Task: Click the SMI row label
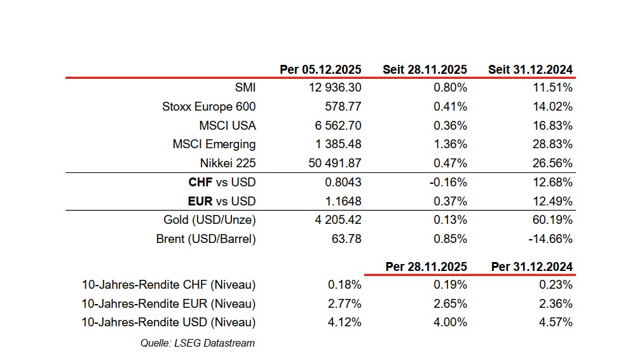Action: coord(245,88)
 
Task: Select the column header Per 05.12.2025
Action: coord(320,69)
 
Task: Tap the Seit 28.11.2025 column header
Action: coord(425,69)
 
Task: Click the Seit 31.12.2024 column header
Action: coord(530,69)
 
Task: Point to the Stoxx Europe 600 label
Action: coord(208,107)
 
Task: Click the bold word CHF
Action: coord(200,183)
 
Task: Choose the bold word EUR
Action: coord(200,202)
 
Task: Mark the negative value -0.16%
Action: coord(449,183)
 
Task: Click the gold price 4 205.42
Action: coord(334,220)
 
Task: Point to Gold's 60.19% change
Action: coord(555,220)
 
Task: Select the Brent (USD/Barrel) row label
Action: coord(205,239)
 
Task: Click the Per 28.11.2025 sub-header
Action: coord(426,267)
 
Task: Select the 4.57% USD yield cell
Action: coord(557,322)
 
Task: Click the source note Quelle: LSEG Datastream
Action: coord(197,343)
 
